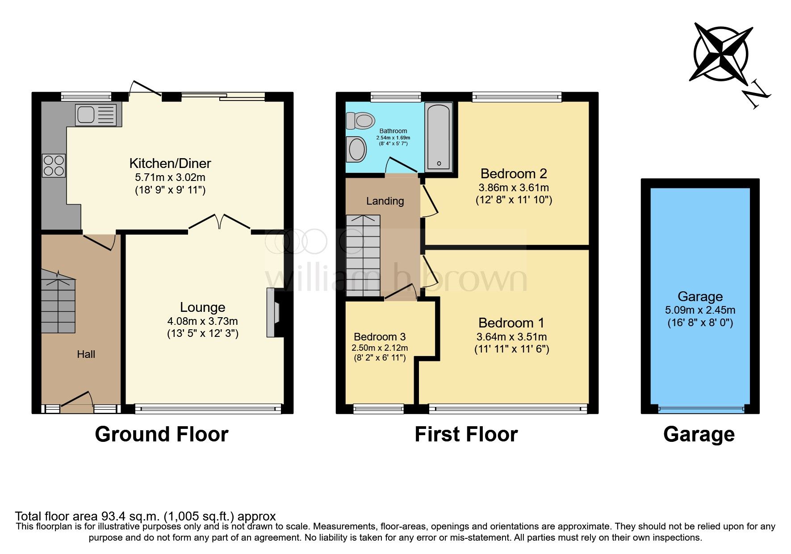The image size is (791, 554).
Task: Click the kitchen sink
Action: pyautogui.click(x=96, y=115)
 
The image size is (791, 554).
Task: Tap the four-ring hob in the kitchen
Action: pyautogui.click(x=54, y=165)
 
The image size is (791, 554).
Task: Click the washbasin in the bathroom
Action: pyautogui.click(x=356, y=149)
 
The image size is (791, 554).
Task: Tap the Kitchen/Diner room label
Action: pyautogui.click(x=170, y=163)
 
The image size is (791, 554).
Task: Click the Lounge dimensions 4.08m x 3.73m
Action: pyautogui.click(x=202, y=321)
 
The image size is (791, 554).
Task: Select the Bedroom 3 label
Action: pyautogui.click(x=380, y=337)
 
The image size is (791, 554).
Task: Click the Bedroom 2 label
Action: pyautogui.click(x=514, y=173)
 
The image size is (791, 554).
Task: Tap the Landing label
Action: pyautogui.click(x=385, y=201)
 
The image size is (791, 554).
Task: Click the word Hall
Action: pyautogui.click(x=86, y=354)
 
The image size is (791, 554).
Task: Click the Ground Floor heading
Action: pyautogui.click(x=161, y=434)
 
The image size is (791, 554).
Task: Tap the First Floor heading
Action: pyautogui.click(x=466, y=434)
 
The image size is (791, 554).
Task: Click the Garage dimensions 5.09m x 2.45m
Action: pyautogui.click(x=700, y=310)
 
